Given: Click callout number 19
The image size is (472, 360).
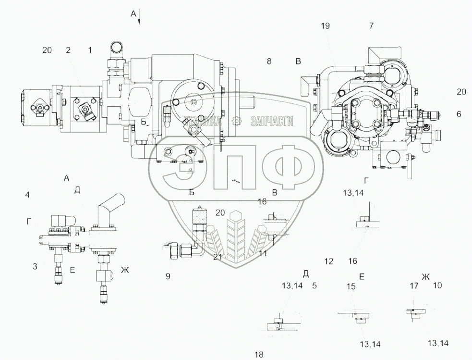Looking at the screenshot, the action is coord(325,26).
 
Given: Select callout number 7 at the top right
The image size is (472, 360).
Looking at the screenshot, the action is coord(371,26).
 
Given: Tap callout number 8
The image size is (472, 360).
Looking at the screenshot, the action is coord(269,62).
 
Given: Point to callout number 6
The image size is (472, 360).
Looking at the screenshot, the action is coord(459,114).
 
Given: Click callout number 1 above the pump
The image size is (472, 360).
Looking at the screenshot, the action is coord(90,50).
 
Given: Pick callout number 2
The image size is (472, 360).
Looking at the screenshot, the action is coord(68,50).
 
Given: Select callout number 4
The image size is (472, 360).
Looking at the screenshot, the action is coord(27,195).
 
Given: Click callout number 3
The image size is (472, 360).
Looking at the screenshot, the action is coord(35,266).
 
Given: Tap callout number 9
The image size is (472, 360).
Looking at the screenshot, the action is coord(168,276).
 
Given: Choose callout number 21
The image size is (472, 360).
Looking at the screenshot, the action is coord(218,257).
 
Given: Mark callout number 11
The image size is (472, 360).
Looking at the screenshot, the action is coord(263,254).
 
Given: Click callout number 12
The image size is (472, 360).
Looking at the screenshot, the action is coord(329,261).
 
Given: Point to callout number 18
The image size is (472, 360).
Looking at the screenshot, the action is coord(259,355).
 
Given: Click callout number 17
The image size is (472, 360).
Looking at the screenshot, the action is coord(414,286).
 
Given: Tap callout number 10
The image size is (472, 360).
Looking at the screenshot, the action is coord(437,286).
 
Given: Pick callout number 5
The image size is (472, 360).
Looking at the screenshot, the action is coord(314,286).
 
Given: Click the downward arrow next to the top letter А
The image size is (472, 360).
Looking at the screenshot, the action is coord(139,18).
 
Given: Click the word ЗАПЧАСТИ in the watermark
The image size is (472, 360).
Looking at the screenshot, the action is coord(271,121).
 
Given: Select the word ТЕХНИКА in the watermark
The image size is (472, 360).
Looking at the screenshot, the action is coord(203,121).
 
